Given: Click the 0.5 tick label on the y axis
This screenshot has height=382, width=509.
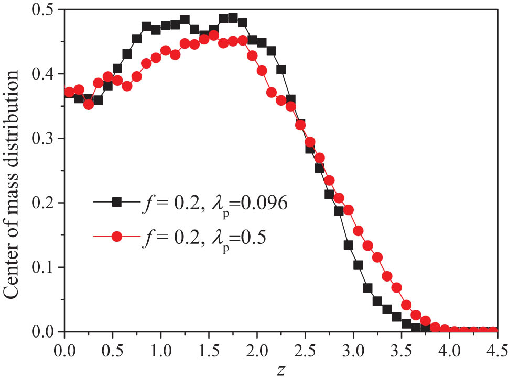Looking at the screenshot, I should point(44,10).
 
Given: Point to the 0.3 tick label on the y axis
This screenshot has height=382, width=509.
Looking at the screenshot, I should point(44,139).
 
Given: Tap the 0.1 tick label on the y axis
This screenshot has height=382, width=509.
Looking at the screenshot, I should point(44,267).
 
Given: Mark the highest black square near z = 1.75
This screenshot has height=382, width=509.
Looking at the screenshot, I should point(233,17).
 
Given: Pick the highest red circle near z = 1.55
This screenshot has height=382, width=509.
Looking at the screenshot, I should point(213,36).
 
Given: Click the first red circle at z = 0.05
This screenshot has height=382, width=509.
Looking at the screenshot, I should point(69,93).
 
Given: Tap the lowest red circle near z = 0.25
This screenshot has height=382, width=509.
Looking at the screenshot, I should point(89,104).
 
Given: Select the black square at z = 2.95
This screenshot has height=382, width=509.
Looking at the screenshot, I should point(349,245).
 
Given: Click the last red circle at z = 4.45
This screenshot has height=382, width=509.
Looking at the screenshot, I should point(493,330).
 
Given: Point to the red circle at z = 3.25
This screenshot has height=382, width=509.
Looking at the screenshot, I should point(377,257).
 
